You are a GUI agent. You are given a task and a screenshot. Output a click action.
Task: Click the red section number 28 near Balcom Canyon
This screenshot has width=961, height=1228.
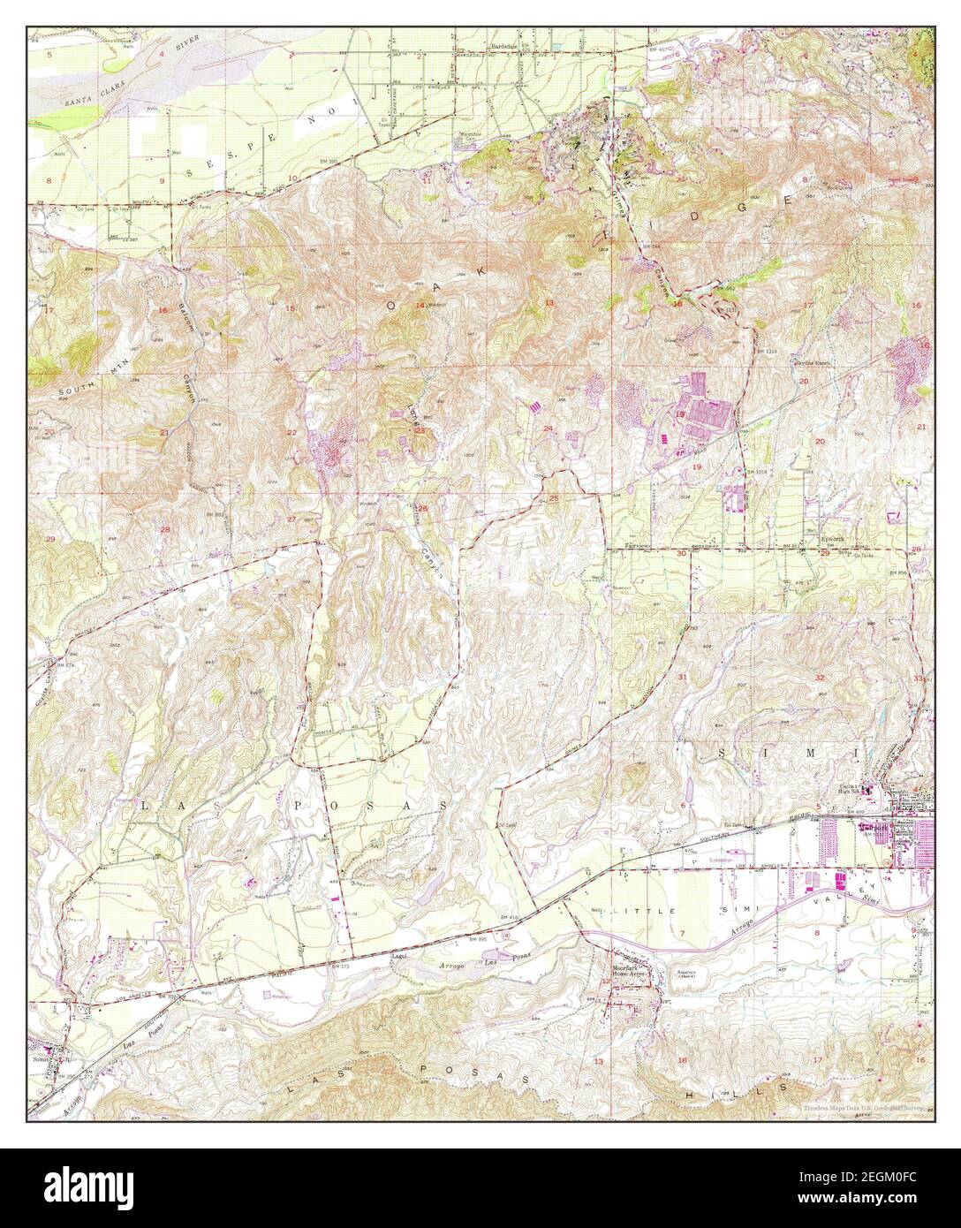pos(164,529)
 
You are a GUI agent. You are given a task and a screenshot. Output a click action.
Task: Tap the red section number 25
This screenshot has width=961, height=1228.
pos(554,500)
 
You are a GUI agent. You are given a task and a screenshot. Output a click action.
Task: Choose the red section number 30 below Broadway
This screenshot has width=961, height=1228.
pos(681,554)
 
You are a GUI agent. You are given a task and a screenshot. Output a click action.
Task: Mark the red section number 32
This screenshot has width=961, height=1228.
pos(820,678)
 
